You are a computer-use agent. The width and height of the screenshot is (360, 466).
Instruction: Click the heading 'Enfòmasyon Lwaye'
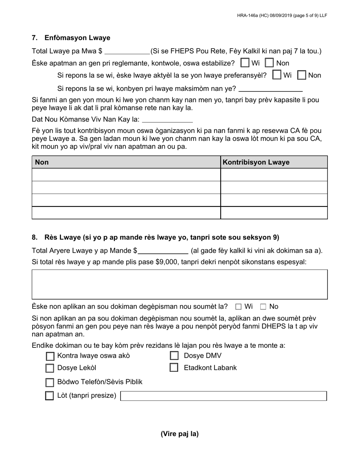tap(77, 38)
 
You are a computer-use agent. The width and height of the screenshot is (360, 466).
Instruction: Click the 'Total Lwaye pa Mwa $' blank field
tap(127, 51)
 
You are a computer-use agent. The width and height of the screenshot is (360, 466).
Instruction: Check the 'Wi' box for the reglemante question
tap(245, 63)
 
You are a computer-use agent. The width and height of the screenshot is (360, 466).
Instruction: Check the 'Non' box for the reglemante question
tap(269, 63)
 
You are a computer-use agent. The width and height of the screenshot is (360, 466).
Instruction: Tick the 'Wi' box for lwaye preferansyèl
tap(277, 75)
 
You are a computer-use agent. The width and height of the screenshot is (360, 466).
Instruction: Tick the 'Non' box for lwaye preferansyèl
tap(302, 75)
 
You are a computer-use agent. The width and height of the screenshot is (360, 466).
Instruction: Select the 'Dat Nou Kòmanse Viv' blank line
tap(167, 120)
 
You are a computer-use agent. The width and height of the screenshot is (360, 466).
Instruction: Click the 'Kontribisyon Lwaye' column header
tap(256, 162)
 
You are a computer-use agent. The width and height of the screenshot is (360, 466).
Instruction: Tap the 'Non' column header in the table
tap(42, 162)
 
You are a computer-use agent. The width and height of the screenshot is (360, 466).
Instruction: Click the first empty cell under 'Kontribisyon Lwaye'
tap(274, 175)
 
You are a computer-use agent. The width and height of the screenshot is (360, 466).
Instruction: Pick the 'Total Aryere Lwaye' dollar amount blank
tap(163, 250)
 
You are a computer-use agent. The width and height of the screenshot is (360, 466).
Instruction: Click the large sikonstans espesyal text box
tap(180, 284)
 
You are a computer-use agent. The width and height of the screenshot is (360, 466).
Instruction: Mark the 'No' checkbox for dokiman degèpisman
tap(263, 306)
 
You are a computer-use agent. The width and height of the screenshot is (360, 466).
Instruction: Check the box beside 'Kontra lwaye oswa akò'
tap(50, 356)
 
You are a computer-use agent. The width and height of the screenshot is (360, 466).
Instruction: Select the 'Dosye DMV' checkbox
tap(174, 356)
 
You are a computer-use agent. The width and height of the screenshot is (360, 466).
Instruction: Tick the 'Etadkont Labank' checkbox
tap(174, 367)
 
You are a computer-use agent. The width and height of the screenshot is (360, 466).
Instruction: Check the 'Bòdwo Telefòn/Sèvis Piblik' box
tap(50, 382)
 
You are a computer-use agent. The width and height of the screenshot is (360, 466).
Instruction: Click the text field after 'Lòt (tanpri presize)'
tap(223, 396)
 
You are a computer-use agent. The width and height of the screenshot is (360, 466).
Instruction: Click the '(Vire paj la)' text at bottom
tap(180, 434)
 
